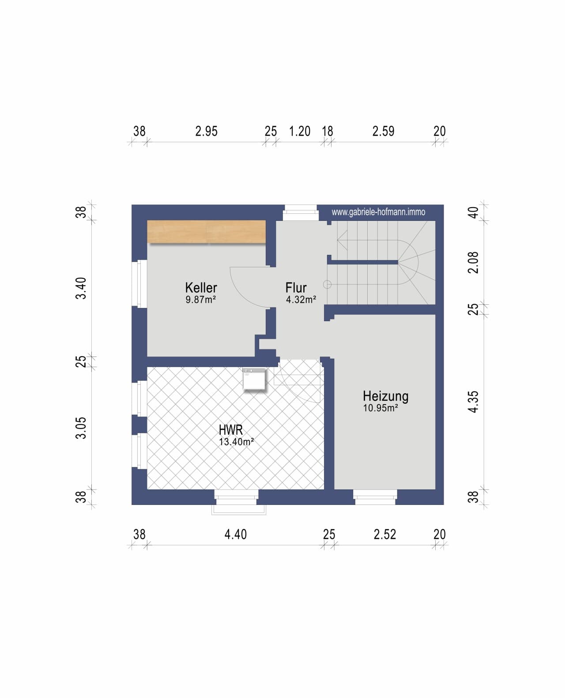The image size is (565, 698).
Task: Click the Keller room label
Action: pyautogui.click(x=201, y=288)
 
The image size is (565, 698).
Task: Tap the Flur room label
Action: pyautogui.click(x=296, y=288)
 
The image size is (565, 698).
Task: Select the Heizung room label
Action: pyautogui.click(x=386, y=396)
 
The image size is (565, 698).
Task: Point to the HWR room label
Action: pyautogui.click(x=231, y=429)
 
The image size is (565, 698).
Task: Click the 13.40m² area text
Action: pyautogui.click(x=236, y=442)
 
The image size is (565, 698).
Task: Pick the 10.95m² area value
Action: pyautogui.click(x=380, y=408)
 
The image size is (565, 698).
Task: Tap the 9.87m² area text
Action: pyautogui.click(x=201, y=300)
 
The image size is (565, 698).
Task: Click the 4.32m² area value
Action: pyautogui.click(x=301, y=300)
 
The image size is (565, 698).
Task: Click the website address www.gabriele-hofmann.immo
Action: pyautogui.click(x=378, y=212)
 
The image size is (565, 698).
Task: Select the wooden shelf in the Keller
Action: pyautogui.click(x=206, y=231)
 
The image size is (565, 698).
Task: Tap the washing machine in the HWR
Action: pyautogui.click(x=254, y=379)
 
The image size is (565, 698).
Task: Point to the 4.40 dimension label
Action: pyautogui.click(x=235, y=535)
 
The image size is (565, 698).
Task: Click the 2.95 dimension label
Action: pyautogui.click(x=206, y=131)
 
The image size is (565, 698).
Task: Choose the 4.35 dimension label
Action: pyautogui.click(x=473, y=402)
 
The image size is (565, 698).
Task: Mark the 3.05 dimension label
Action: pyautogui.click(x=81, y=428)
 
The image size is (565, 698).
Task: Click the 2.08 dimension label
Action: pyautogui.click(x=473, y=262)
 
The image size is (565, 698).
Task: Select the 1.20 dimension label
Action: pyautogui.click(x=300, y=131)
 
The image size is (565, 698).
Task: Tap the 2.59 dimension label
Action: pyautogui.click(x=383, y=131)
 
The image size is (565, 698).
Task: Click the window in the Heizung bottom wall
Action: pyautogui.click(x=375, y=497)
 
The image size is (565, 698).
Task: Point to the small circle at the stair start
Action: pyautogui.click(x=327, y=285)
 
